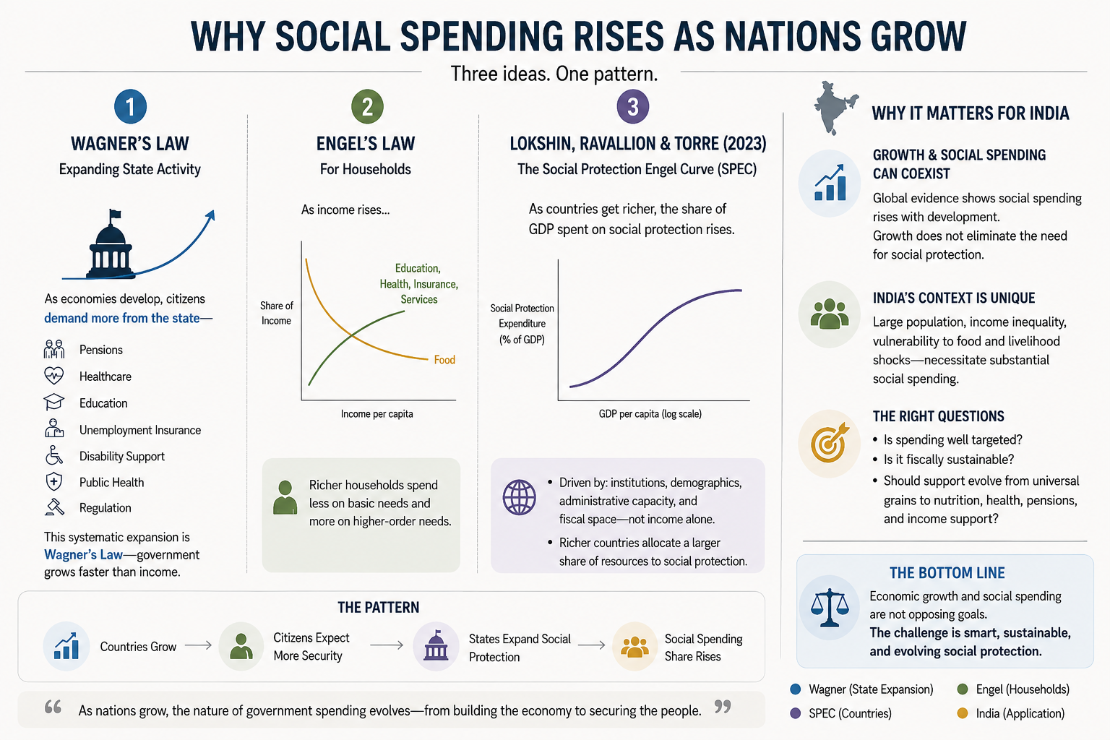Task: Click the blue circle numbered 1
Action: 130,106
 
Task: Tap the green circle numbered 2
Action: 367,106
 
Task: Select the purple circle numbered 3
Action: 633,106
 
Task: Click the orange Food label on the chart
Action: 444,360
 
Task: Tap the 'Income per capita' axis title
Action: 377,414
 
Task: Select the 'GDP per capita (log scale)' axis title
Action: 650,414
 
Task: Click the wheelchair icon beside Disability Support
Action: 54,455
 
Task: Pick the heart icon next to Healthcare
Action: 54,376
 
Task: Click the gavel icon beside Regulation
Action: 54,507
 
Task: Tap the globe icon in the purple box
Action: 520,497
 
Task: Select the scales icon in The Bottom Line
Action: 830,608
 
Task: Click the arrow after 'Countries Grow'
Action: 198,645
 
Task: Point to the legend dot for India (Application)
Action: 963,713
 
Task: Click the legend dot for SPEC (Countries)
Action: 796,713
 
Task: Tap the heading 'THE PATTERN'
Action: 379,607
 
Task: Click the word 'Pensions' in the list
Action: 101,350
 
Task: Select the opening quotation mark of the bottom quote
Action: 53,706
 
